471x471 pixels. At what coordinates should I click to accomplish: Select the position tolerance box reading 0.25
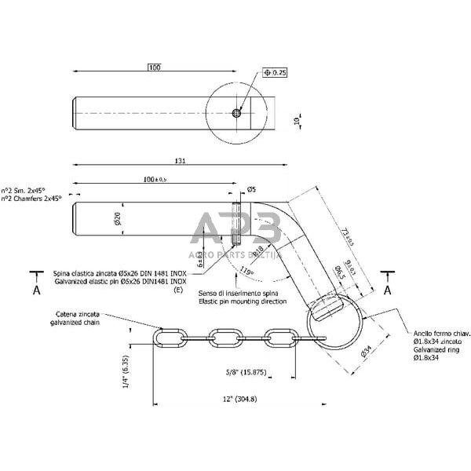coord(274,72)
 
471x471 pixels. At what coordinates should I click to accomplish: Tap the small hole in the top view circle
coord(236,113)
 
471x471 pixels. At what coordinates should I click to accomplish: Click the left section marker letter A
coord(36,289)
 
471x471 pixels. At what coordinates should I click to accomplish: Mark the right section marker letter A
coord(388,289)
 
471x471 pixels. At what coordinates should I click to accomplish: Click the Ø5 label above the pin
coord(251,189)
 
